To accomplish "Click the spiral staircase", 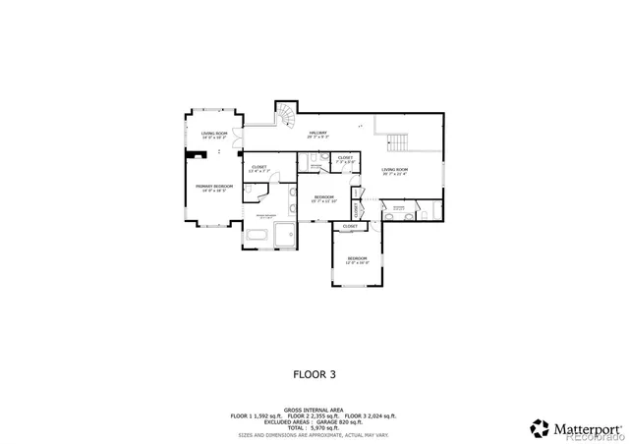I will (x=284, y=117).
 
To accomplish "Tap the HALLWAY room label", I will (x=316, y=135).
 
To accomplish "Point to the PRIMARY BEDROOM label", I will (x=213, y=188).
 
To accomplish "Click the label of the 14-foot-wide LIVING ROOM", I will (x=213, y=135).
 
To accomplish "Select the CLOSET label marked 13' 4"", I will (x=259, y=168).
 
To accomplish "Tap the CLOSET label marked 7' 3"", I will (x=345, y=159).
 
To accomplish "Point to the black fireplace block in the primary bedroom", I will (x=189, y=154).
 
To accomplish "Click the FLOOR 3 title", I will (x=314, y=373).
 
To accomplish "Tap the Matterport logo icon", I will (x=541, y=428).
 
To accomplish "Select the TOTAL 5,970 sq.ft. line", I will (x=314, y=427).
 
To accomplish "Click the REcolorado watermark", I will (x=594, y=438).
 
